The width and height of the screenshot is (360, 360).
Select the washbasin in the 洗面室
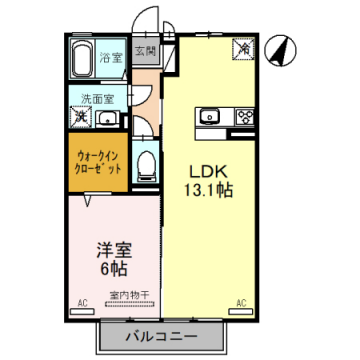pos(117,115)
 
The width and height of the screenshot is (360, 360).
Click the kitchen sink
pos(211,118)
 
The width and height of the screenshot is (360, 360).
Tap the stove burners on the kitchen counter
pos(244,118)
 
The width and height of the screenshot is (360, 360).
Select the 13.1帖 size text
pos(209,188)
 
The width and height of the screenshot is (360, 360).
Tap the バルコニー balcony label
pos(162,334)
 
